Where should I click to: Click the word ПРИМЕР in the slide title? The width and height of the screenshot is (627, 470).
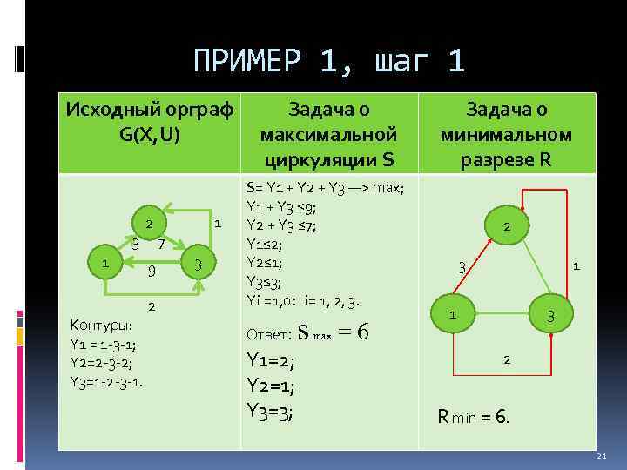pos(249,62)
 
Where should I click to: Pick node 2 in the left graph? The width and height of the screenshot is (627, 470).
pos(150,225)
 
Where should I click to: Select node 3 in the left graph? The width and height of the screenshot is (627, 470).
pos(198,264)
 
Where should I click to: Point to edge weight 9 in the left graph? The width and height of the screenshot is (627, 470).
pos(151,272)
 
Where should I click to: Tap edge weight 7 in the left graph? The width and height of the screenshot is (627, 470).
pos(162,244)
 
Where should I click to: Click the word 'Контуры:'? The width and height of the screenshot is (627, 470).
pos(100,326)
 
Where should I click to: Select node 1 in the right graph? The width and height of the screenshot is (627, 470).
pos(452,313)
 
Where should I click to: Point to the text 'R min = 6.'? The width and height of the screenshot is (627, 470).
pos(474,417)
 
